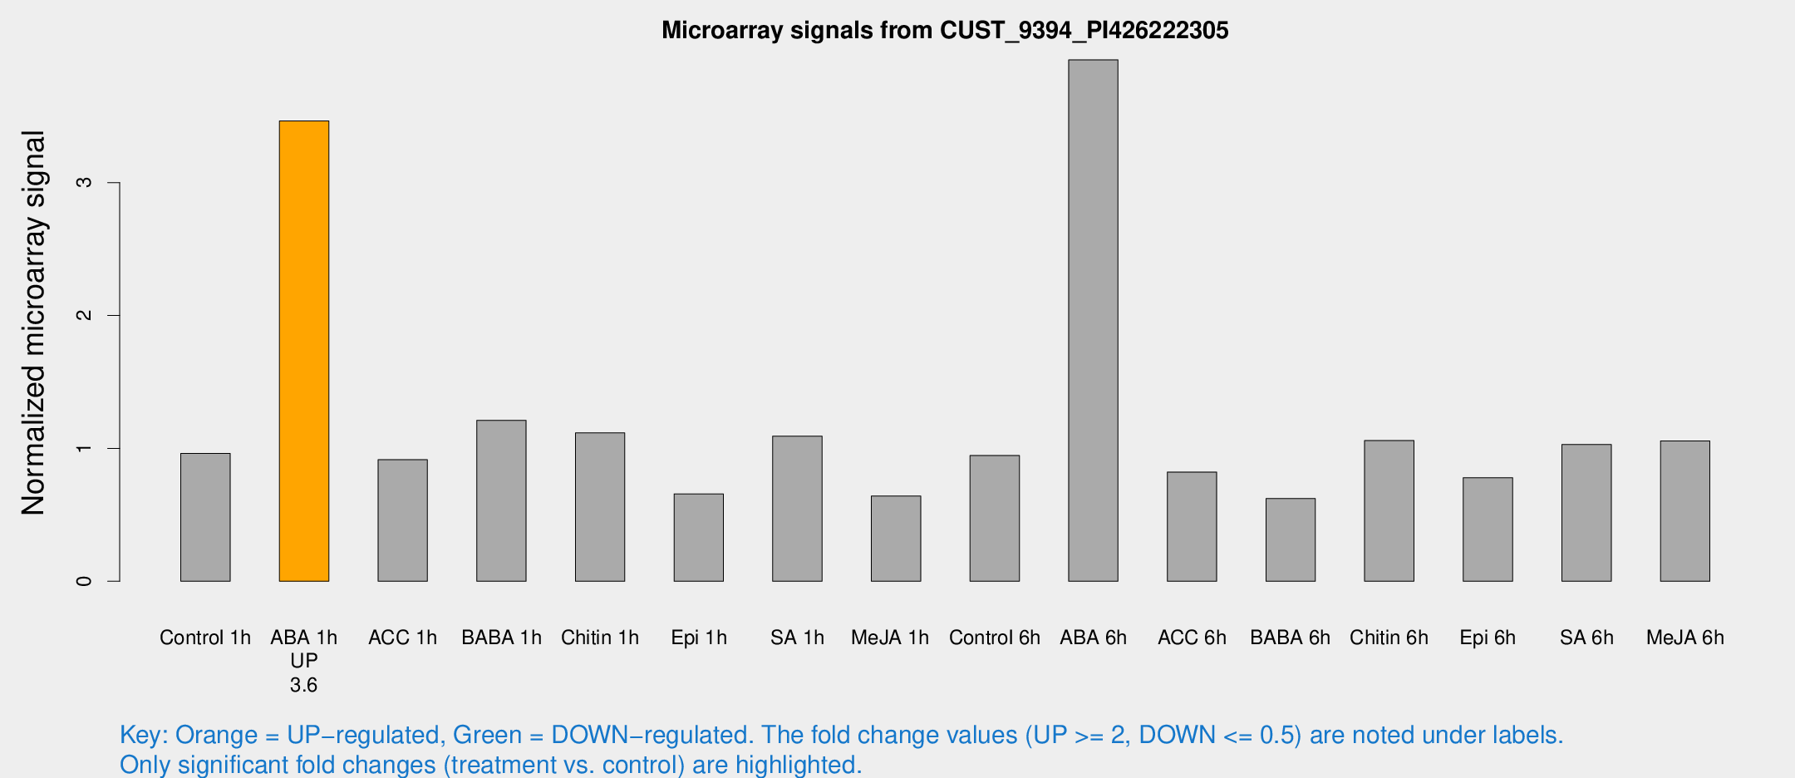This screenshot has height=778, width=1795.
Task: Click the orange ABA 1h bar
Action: coord(304,351)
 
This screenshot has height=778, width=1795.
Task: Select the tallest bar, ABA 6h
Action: coord(1093,320)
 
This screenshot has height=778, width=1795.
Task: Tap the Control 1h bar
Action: coord(205,517)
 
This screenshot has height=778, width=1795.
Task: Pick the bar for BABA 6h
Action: coord(1291,539)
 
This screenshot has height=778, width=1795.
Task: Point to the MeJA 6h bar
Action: coord(1685,510)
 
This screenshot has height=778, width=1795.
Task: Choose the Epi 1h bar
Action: coord(699,537)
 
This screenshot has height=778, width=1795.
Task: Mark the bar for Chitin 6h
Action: coord(1389,510)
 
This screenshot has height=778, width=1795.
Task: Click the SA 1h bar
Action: coord(797,508)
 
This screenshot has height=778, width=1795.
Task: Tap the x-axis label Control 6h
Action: coord(995,638)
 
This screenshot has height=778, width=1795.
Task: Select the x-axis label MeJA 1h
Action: coord(890,638)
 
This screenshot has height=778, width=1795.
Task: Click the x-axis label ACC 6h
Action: coord(1192,638)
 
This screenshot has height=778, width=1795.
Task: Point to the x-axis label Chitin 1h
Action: coord(600,638)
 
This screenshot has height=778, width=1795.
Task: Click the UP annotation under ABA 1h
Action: coord(304,661)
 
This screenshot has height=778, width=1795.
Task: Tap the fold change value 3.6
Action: coord(304,685)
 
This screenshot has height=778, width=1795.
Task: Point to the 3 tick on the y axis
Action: coord(84,182)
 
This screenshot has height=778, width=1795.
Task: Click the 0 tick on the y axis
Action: coord(84,581)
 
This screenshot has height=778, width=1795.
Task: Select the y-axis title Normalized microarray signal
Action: coord(33,323)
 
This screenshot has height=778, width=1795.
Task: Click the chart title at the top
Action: coord(945,31)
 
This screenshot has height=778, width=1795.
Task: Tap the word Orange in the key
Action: coord(216,735)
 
